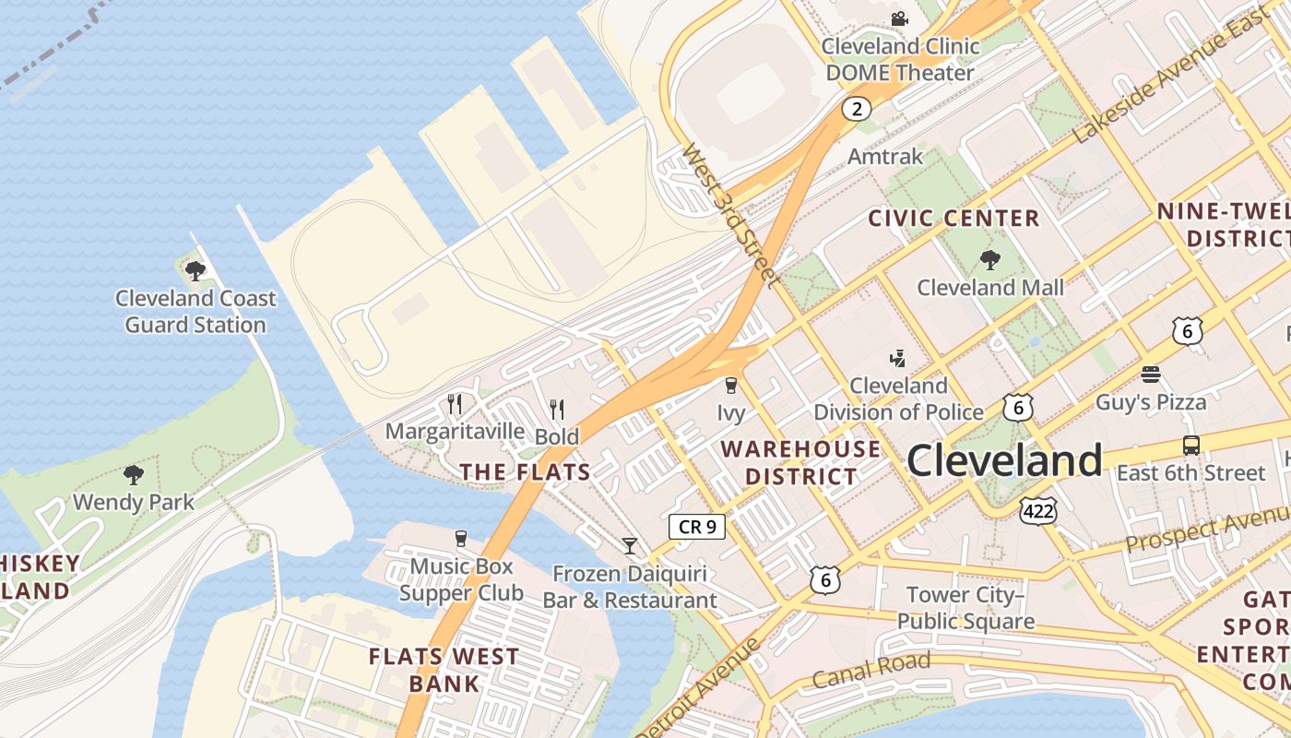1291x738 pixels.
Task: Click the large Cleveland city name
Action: pyautogui.click(x=1004, y=459)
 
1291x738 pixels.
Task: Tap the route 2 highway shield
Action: pyautogui.click(x=856, y=109)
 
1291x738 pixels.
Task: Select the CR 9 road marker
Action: pyautogui.click(x=696, y=527)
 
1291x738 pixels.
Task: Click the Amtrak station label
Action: pyautogui.click(x=884, y=156)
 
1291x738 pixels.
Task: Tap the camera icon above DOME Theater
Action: pyautogui.click(x=899, y=18)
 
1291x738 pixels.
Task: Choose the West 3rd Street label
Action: pyautogui.click(x=732, y=214)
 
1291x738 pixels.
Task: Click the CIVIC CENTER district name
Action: pyautogui.click(x=954, y=219)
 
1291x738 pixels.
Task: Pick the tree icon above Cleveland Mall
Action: pyautogui.click(x=990, y=260)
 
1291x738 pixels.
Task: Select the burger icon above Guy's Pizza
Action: pyautogui.click(x=1150, y=375)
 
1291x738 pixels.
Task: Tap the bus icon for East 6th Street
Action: pyautogui.click(x=1190, y=446)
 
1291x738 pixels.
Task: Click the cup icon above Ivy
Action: pyautogui.click(x=731, y=385)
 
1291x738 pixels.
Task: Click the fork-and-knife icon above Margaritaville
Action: pyautogui.click(x=454, y=404)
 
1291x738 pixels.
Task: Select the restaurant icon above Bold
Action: pyautogui.click(x=557, y=409)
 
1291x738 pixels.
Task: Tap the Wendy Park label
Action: pyautogui.click(x=134, y=502)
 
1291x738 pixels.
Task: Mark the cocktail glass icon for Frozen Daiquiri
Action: pyautogui.click(x=630, y=546)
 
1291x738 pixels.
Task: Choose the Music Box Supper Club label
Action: pyautogui.click(x=461, y=579)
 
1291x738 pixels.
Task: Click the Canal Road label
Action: pyautogui.click(x=871, y=670)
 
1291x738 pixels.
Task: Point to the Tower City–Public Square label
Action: pyautogui.click(x=965, y=607)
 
